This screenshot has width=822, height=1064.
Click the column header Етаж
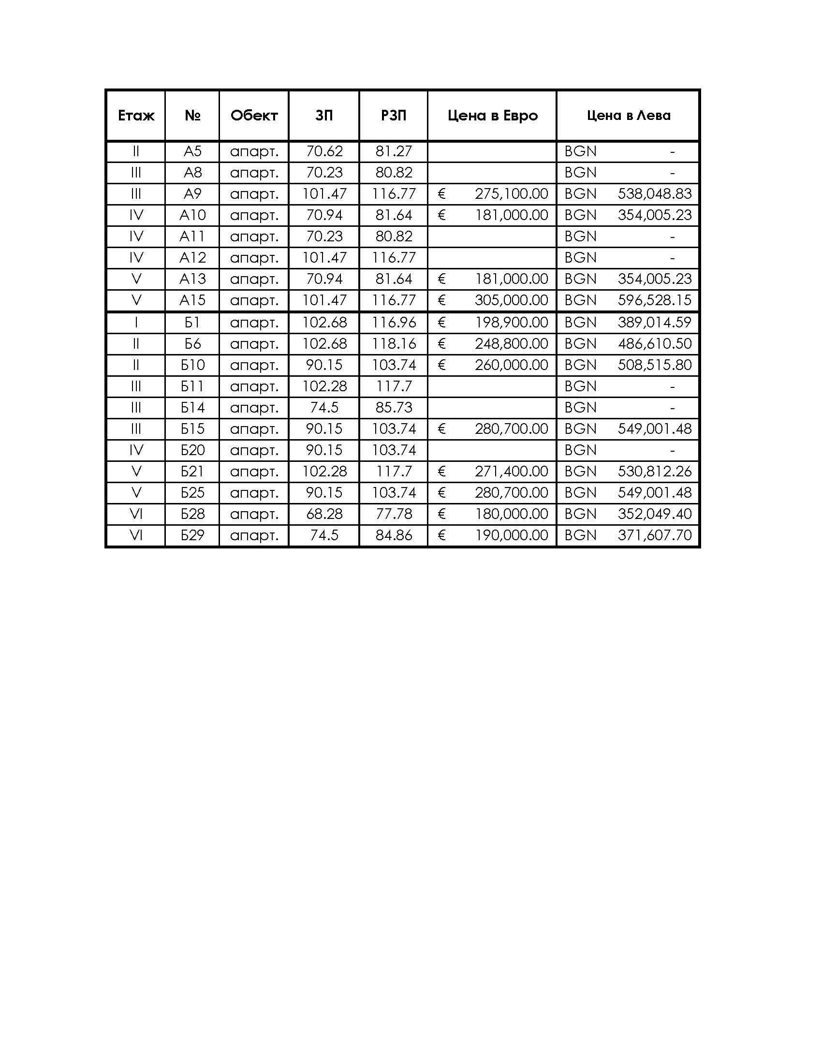click(136, 116)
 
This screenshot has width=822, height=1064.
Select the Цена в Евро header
click(492, 116)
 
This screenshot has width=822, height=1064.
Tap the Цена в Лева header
click(628, 116)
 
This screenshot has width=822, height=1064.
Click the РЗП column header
click(394, 116)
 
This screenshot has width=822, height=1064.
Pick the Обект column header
click(254, 116)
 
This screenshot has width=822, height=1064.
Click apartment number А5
click(192, 151)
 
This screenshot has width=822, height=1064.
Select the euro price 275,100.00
click(511, 194)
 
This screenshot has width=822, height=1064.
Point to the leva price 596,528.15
click(655, 300)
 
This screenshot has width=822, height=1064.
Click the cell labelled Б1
click(192, 323)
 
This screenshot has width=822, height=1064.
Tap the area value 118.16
click(394, 344)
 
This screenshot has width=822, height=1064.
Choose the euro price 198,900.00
click(511, 323)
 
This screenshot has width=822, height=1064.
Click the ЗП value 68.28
click(324, 514)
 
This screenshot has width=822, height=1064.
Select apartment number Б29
click(192, 535)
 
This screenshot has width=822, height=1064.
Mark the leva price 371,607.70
click(655, 535)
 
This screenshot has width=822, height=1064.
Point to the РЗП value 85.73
click(394, 408)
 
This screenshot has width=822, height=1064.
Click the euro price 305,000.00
click(511, 300)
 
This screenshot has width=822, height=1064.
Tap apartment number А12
click(192, 258)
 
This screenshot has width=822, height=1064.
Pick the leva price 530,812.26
click(655, 472)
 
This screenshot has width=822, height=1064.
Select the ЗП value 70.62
click(324, 151)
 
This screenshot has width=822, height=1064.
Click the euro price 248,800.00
click(511, 344)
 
